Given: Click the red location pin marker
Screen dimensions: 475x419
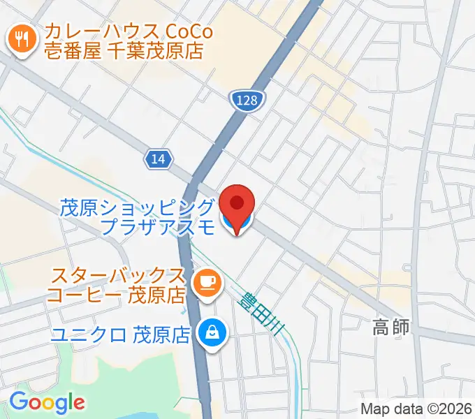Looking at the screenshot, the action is [237, 205].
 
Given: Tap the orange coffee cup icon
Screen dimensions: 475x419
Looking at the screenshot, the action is [207, 281].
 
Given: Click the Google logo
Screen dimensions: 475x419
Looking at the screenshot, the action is [47, 402].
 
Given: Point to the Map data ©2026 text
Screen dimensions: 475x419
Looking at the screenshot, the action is [416, 409].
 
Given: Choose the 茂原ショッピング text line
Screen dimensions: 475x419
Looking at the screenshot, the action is [136, 207].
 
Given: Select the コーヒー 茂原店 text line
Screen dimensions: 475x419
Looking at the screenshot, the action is [116, 295].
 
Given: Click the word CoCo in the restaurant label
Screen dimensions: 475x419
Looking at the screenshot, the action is [191, 31].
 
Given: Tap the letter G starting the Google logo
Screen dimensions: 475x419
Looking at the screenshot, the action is [17, 402].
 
